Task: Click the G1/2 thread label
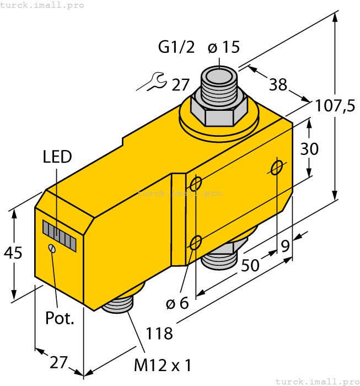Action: coord(176,48)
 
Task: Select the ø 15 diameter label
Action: coord(224,48)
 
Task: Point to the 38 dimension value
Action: coord(278,84)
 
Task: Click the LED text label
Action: coord(57,157)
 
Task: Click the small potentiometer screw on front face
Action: coord(52,249)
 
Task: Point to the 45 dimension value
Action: coord(13,253)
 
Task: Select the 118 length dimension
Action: coord(159,333)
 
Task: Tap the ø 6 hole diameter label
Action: coord(177,303)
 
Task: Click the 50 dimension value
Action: coord(251,266)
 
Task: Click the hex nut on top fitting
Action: coord(219,110)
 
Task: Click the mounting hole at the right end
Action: coord(277,167)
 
